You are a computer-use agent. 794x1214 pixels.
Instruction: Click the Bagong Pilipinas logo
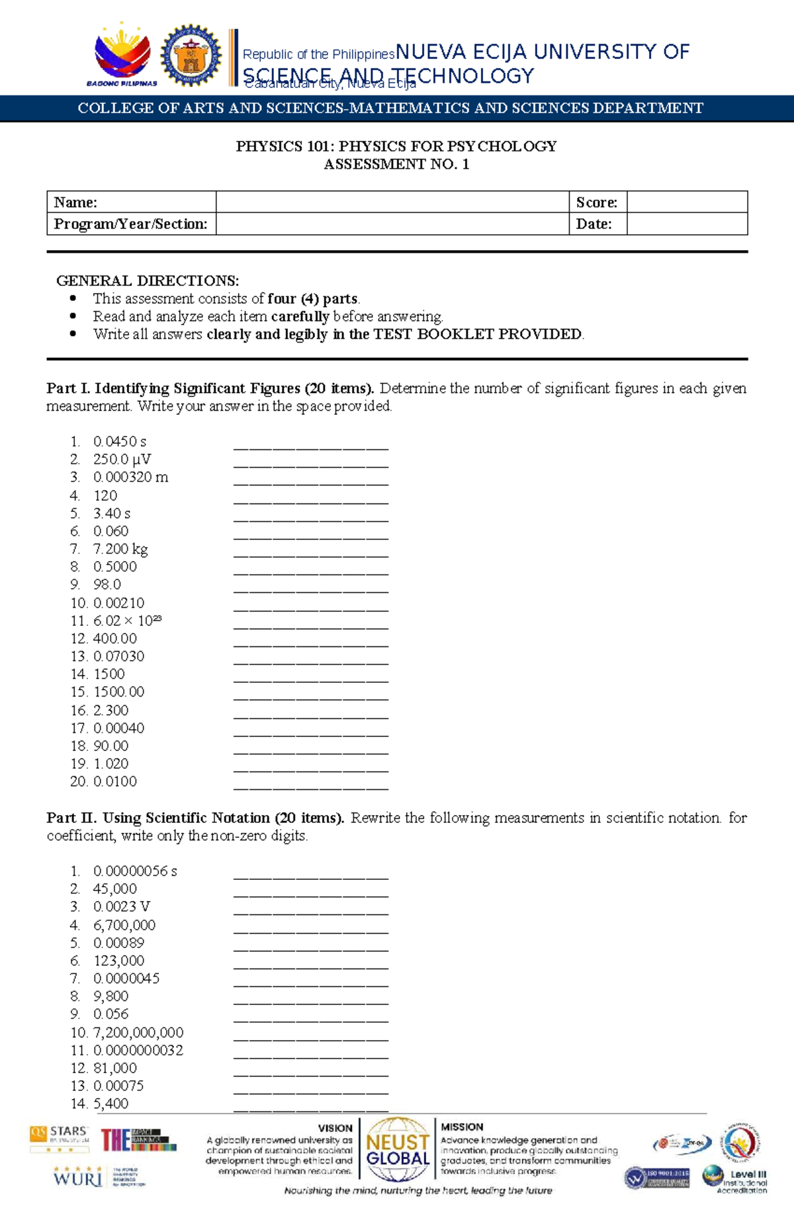click(x=122, y=56)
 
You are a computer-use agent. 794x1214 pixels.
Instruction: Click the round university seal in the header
click(x=191, y=56)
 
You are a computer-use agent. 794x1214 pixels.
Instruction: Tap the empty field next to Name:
click(x=392, y=202)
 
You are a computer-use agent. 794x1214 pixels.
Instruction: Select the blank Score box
click(x=687, y=202)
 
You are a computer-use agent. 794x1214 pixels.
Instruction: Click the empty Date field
click(x=687, y=224)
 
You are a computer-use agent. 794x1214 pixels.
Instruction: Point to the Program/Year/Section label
click(x=130, y=224)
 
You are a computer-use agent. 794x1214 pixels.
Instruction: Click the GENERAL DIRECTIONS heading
click(x=148, y=281)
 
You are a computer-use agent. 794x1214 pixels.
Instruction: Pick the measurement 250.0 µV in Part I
click(x=122, y=459)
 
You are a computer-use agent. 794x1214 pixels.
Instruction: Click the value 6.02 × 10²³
click(x=127, y=621)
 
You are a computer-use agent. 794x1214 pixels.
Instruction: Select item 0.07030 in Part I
click(x=118, y=656)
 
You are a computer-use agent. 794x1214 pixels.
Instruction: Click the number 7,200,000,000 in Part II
click(x=138, y=1033)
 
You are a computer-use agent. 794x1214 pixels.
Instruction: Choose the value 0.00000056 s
click(x=135, y=871)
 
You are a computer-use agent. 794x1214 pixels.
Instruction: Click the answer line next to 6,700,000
click(x=310, y=929)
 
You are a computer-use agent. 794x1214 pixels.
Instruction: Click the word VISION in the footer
click(x=335, y=1128)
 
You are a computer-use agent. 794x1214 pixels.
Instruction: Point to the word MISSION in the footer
click(x=462, y=1127)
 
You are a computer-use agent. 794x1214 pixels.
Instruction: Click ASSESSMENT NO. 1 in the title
click(x=396, y=164)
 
